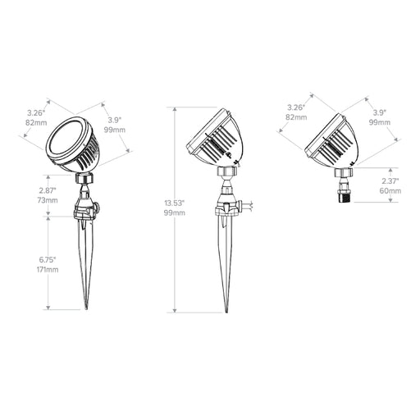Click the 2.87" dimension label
(x=48, y=190)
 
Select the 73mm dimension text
(x=48, y=200)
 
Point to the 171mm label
(x=48, y=270)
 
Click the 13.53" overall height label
(x=175, y=203)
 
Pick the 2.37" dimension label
(x=390, y=180)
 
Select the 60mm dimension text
(x=390, y=190)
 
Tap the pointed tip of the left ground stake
(x=86, y=309)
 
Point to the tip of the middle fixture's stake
(x=226, y=312)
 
